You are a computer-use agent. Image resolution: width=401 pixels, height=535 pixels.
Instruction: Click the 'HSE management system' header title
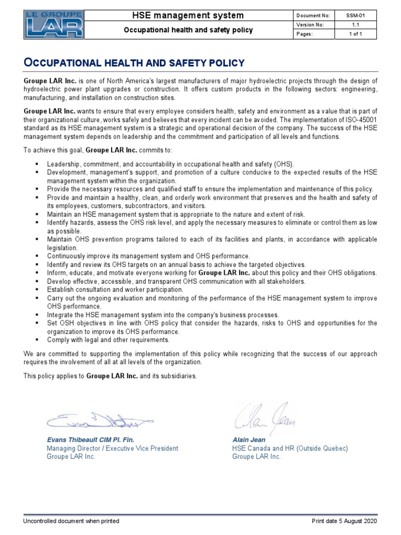point(187,16)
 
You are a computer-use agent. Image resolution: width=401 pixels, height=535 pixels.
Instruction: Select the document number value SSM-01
point(353,16)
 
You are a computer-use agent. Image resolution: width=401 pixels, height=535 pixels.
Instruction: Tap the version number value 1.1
point(353,25)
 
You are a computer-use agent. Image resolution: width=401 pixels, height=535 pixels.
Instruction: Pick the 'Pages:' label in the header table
point(304,34)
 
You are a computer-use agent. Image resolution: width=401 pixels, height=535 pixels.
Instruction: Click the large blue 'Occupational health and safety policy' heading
point(134,63)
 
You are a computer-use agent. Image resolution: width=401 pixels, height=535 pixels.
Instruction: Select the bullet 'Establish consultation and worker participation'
point(115,289)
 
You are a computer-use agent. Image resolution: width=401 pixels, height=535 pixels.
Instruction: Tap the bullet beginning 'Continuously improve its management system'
point(148,256)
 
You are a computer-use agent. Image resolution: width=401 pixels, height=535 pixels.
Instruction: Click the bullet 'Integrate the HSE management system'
point(163,315)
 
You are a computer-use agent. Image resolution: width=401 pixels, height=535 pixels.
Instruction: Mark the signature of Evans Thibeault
point(99,419)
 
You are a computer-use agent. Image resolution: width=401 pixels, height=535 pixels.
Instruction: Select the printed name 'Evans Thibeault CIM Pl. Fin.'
point(94,440)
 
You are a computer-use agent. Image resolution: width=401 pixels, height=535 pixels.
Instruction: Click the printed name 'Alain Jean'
point(249,440)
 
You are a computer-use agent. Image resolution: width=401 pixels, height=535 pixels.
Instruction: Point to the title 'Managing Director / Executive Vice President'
point(112,448)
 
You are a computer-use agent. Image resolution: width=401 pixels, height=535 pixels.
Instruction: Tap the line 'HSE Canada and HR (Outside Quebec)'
point(290,448)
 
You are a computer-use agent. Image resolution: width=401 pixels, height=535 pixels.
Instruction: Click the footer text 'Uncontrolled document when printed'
point(72,521)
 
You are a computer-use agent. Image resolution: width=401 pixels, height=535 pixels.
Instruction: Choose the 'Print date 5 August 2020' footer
point(344,521)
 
